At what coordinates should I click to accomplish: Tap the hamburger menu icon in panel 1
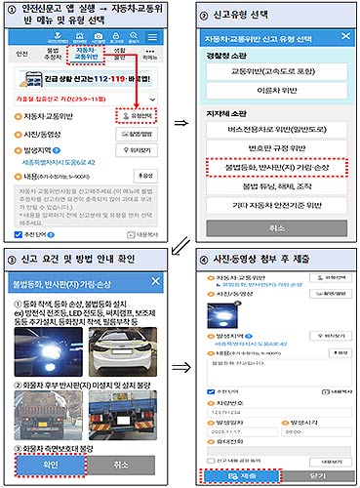coord(157,49)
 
